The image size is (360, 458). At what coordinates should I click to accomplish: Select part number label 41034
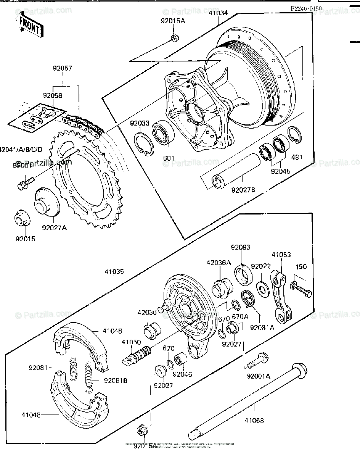[218, 12]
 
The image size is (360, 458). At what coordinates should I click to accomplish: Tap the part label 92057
[63, 69]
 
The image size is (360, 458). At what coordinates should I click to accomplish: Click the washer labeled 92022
[262, 287]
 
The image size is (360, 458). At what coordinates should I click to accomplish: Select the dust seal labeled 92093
[243, 273]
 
